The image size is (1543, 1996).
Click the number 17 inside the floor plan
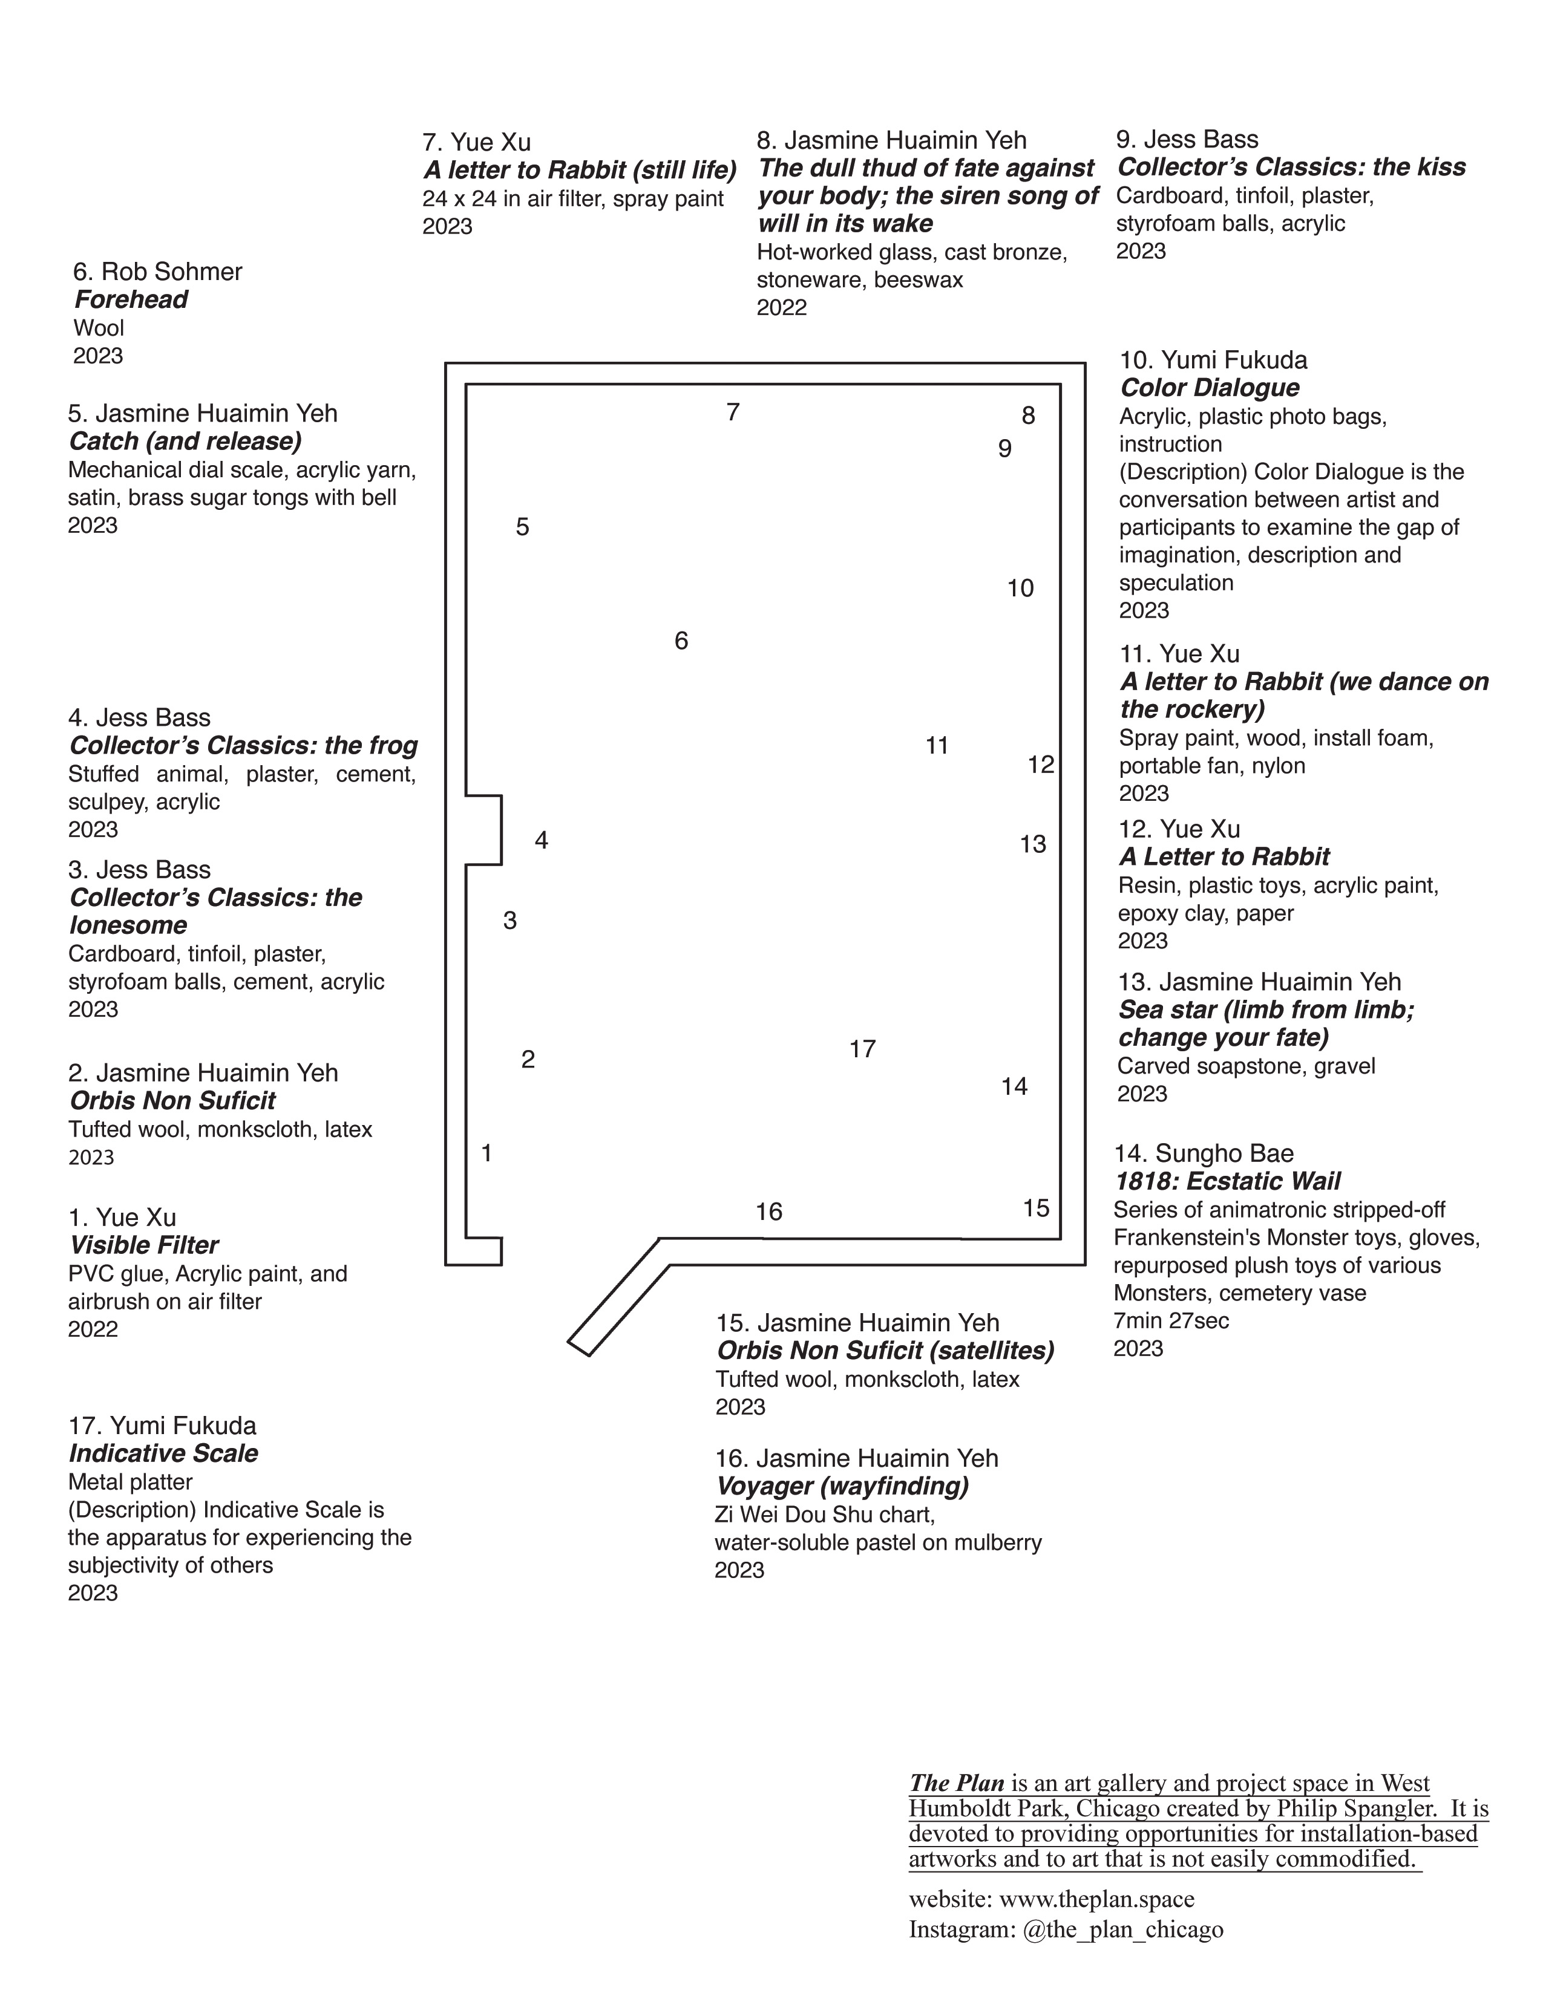pos(862,1049)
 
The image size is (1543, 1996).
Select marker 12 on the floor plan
pos(1040,765)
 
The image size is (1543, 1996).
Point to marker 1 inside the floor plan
pos(486,1153)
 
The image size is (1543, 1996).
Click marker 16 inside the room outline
pos(768,1212)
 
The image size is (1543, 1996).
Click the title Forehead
pos(131,300)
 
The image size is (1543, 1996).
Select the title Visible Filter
pos(143,1245)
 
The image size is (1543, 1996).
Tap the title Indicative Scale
pos(163,1453)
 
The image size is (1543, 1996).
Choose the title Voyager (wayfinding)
pos(842,1486)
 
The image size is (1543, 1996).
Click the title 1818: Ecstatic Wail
pos(1227,1182)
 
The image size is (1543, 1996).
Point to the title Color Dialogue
pos(1210,388)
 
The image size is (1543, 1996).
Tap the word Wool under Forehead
pos(98,328)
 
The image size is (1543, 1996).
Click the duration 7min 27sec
pos(1171,1320)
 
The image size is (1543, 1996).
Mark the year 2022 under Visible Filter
pos(93,1329)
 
